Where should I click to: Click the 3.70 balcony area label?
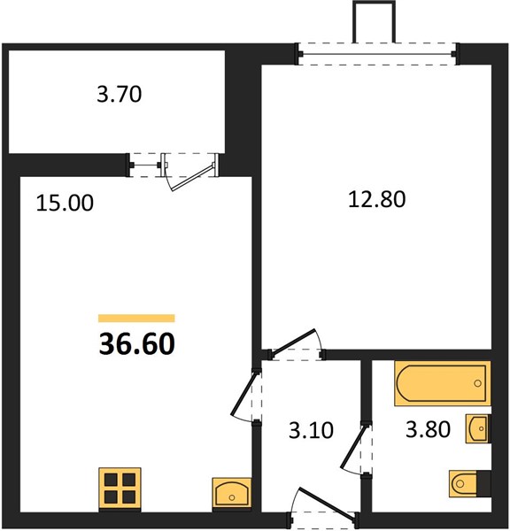coord(119,94)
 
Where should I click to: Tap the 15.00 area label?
coord(65,204)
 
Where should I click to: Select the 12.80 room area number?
coord(377,199)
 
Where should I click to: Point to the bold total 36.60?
coord(137,343)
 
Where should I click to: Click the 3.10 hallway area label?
coord(311,430)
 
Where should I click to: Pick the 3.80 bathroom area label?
coord(428,429)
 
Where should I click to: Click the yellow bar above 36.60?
coord(136,318)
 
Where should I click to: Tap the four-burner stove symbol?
coord(120,489)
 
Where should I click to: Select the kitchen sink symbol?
coord(232,494)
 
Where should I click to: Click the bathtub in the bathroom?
coord(443,383)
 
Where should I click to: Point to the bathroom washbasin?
coord(478,428)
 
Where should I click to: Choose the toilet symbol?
coord(470,483)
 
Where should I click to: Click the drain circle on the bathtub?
coord(478,383)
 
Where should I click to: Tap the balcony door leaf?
coord(192,178)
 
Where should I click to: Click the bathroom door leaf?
coord(354,447)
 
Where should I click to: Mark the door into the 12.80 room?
coord(294,342)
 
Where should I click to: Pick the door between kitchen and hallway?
coord(243,393)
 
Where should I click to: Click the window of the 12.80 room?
coord(377,53)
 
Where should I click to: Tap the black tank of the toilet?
coord(483,483)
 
